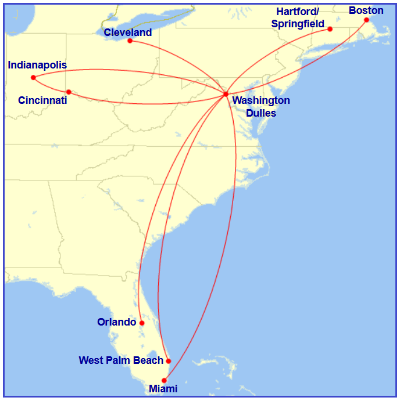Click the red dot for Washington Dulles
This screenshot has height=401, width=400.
pyautogui.click(x=226, y=94)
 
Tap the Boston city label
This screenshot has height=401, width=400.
pyautogui.click(x=366, y=10)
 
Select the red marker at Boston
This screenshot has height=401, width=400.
pyautogui.click(x=366, y=20)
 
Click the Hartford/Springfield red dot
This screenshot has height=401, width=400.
pyautogui.click(x=330, y=29)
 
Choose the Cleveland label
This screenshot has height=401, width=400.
pyautogui.click(x=127, y=32)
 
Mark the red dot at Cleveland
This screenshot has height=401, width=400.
pyautogui.click(x=130, y=41)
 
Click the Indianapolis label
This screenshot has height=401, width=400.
pyautogui.click(x=37, y=65)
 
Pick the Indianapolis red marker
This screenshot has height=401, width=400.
pyautogui.click(x=33, y=77)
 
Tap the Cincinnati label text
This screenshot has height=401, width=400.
pyautogui.click(x=42, y=100)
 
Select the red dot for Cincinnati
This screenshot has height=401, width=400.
pyautogui.click(x=69, y=92)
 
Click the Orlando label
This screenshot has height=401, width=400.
pyautogui.click(x=116, y=322)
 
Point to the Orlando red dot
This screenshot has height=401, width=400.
pyautogui.click(x=142, y=323)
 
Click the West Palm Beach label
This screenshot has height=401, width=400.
pyautogui.click(x=121, y=360)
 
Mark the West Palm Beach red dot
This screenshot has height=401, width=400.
pyautogui.click(x=169, y=361)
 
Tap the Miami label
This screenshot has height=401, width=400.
pyautogui.click(x=163, y=389)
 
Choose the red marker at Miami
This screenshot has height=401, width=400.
pyautogui.click(x=164, y=381)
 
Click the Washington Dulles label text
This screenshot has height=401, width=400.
pyautogui.click(x=261, y=107)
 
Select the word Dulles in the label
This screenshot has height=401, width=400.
pyautogui.click(x=261, y=113)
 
